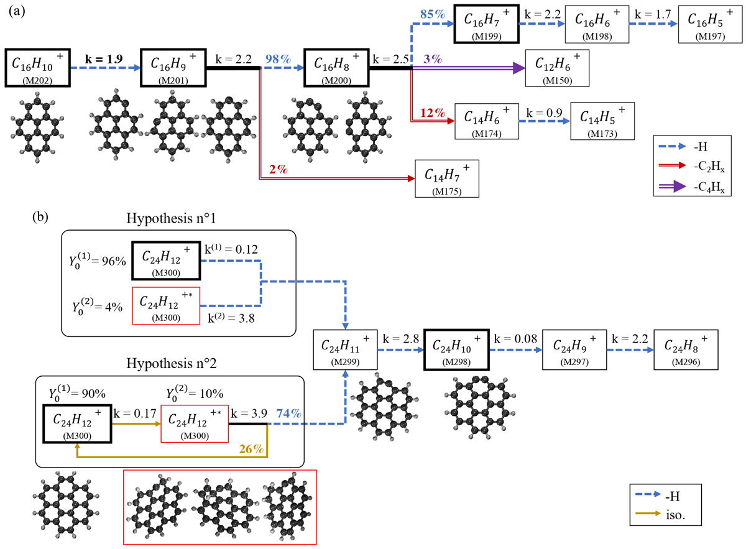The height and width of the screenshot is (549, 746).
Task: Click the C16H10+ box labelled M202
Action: click(37, 65)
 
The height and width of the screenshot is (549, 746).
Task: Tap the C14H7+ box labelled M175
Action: click(447, 178)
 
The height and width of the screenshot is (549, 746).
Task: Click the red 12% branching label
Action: click(433, 113)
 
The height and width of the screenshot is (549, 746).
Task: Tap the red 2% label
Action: click(279, 169)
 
